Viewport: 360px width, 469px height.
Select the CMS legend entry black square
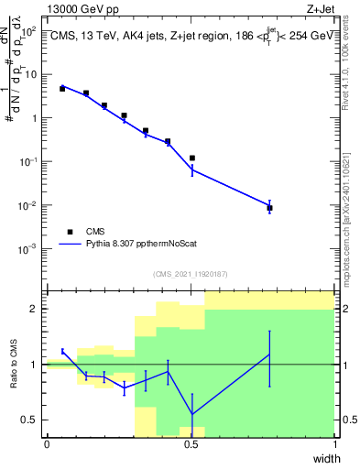click(x=70, y=232)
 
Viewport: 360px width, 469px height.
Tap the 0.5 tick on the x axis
click(x=191, y=444)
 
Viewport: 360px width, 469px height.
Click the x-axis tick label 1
click(x=335, y=444)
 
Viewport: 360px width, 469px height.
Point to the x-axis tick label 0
click(x=47, y=444)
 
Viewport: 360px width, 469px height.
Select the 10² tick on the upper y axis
click(x=29, y=31)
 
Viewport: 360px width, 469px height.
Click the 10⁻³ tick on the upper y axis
click(x=29, y=248)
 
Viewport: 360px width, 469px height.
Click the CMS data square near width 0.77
click(x=269, y=208)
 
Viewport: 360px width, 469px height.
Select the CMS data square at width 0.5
click(x=191, y=158)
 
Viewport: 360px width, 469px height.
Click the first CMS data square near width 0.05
click(x=62, y=89)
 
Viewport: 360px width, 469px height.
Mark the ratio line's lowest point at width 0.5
click(x=191, y=414)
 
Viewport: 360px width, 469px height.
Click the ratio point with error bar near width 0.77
click(x=269, y=354)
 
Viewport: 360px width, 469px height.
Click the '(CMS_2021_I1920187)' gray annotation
click(x=191, y=273)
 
